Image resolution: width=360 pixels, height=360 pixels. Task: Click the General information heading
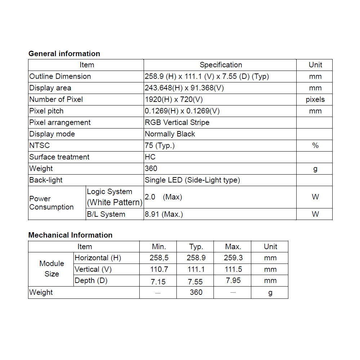64,54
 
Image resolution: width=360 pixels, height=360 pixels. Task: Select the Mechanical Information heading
70,235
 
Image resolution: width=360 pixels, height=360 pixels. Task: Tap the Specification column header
221,65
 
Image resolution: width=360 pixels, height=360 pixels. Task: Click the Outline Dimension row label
60,76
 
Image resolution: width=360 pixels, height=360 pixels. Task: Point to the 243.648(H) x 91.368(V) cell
184,88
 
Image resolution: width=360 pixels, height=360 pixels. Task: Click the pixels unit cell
315,99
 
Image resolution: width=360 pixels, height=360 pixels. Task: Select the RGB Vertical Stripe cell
177,122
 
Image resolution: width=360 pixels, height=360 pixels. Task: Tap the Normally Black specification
170,134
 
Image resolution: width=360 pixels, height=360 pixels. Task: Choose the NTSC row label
40,145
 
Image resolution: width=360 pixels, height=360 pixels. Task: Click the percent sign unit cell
315,145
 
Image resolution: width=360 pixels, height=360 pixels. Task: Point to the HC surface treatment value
150,157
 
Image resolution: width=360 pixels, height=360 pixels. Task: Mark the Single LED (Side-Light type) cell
192,180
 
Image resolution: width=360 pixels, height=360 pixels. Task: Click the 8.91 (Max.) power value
164,214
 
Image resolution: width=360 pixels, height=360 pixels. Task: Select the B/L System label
106,214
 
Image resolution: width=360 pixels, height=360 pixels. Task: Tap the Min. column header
159,247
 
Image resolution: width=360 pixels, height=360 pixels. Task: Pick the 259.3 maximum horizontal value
233,258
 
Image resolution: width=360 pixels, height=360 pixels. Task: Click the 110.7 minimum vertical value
159,269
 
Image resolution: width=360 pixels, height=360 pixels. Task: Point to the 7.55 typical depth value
196,282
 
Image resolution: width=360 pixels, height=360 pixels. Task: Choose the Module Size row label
51,269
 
